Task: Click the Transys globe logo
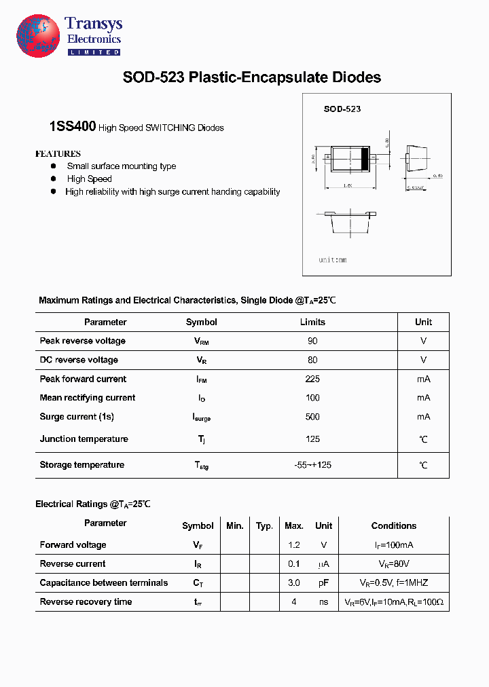(38, 36)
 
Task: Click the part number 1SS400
(73, 126)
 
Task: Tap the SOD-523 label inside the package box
(342, 109)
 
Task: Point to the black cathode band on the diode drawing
(364, 159)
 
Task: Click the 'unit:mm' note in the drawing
(333, 260)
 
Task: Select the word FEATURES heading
(58, 154)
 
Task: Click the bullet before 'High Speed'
(54, 179)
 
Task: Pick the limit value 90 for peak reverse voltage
(312, 341)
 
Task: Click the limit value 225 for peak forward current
(312, 379)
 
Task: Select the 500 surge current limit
(312, 417)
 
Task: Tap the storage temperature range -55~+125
(312, 465)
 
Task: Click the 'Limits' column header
(312, 322)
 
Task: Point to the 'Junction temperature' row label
(84, 439)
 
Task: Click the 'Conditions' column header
(394, 525)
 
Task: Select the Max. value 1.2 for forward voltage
(293, 544)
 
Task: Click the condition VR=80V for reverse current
(394, 563)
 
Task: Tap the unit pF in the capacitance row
(324, 582)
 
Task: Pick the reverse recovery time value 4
(293, 601)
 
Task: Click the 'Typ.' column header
(264, 525)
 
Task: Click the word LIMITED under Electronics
(94, 52)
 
